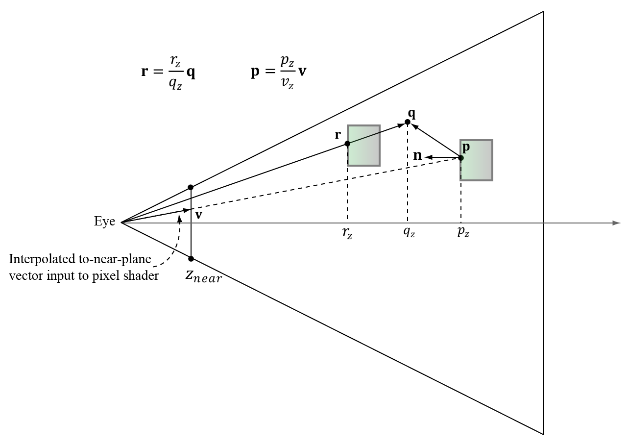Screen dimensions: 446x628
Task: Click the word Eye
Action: pyautogui.click(x=104, y=222)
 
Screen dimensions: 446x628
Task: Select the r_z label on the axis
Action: pyautogui.click(x=347, y=234)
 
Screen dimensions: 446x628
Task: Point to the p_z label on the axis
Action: pyautogui.click(x=463, y=233)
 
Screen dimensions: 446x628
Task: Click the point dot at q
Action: pyautogui.click(x=408, y=122)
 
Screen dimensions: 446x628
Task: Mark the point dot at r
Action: pyautogui.click(x=347, y=144)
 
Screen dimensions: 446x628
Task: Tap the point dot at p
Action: pyautogui.click(x=461, y=158)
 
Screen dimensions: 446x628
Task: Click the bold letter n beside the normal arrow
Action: pyautogui.click(x=418, y=156)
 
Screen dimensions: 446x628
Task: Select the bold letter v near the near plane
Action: pyautogui.click(x=198, y=215)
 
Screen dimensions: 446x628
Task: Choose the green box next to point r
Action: pyautogui.click(x=364, y=146)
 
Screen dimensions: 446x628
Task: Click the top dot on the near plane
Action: pyautogui.click(x=191, y=187)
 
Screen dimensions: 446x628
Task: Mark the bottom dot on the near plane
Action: pyautogui.click(x=191, y=259)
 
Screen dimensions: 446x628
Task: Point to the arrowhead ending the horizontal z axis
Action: pyautogui.click(x=617, y=223)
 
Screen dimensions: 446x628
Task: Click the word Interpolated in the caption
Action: pyautogui.click(x=39, y=259)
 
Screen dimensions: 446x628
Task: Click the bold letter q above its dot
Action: pyautogui.click(x=411, y=113)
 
